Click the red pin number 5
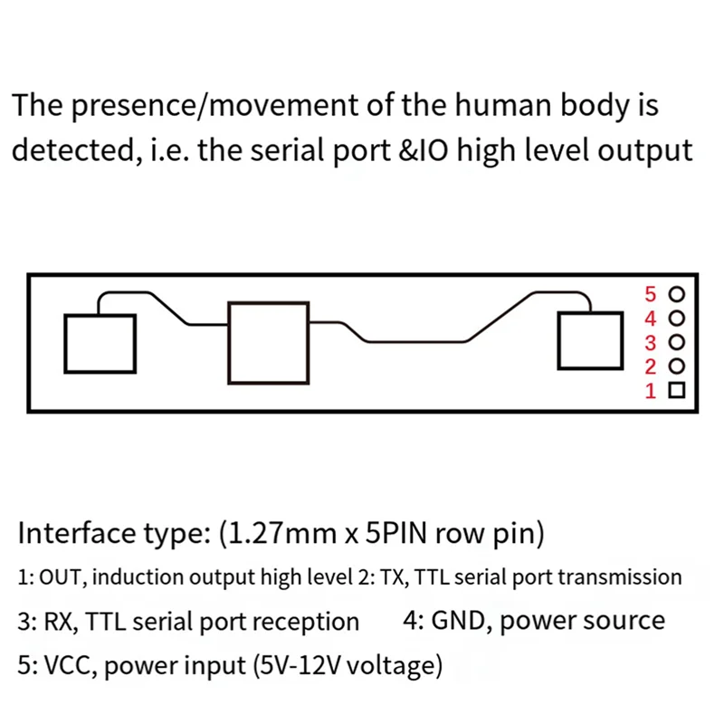coord(649,294)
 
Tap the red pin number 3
coord(649,343)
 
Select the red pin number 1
coord(649,392)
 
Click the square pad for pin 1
coord(676,391)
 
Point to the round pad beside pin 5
coord(676,295)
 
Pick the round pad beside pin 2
coord(676,367)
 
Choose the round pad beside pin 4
coord(676,319)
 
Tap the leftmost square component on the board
coord(100,344)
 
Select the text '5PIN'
coord(395,534)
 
